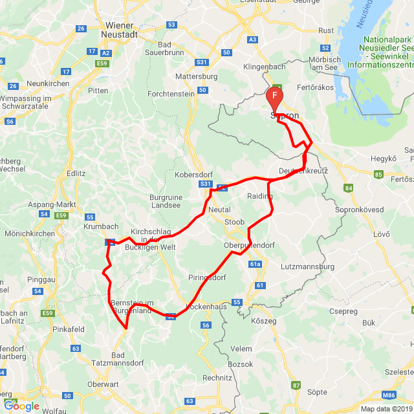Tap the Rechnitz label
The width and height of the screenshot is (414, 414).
pyautogui.click(x=217, y=377)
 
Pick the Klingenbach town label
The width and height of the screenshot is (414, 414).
pyautogui.click(x=264, y=67)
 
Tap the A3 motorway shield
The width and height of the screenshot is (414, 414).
pyautogui.click(x=252, y=39)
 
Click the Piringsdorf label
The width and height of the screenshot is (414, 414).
pyautogui.click(x=207, y=278)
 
